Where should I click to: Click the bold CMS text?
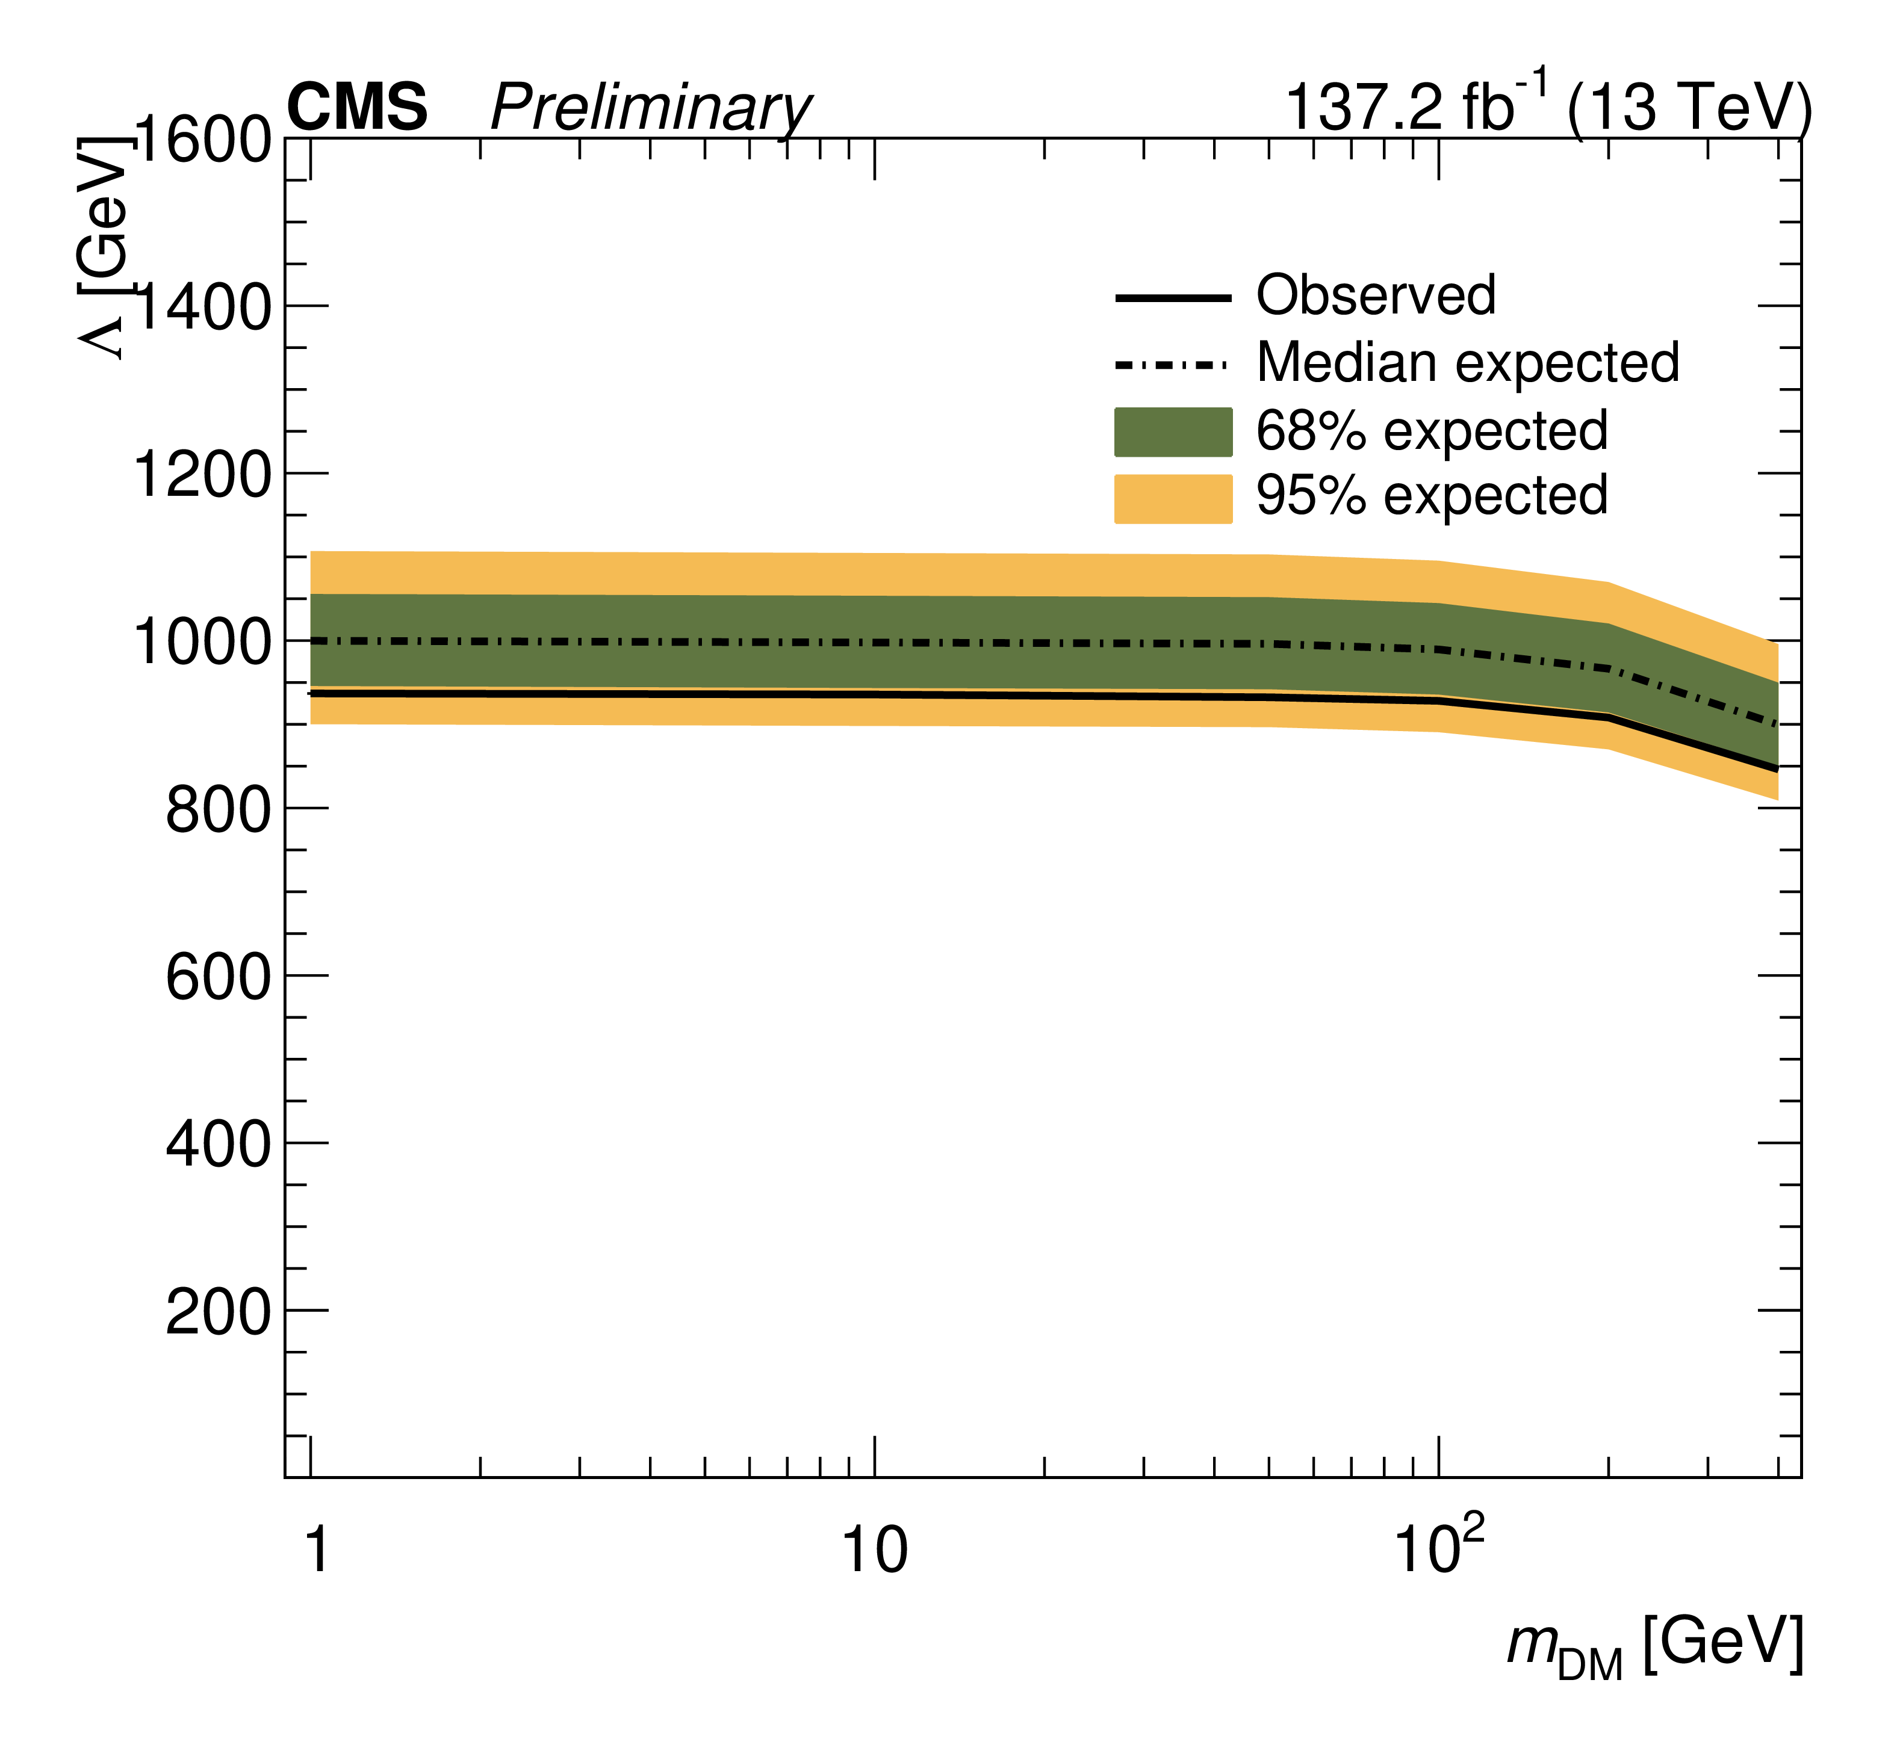point(357,107)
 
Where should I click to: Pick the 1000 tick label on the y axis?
point(202,643)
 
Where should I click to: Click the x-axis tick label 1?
point(317,1550)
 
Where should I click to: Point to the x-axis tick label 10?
point(874,1550)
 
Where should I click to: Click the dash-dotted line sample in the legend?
point(1172,364)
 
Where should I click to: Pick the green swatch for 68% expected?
point(1173,432)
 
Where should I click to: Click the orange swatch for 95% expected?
point(1173,499)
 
